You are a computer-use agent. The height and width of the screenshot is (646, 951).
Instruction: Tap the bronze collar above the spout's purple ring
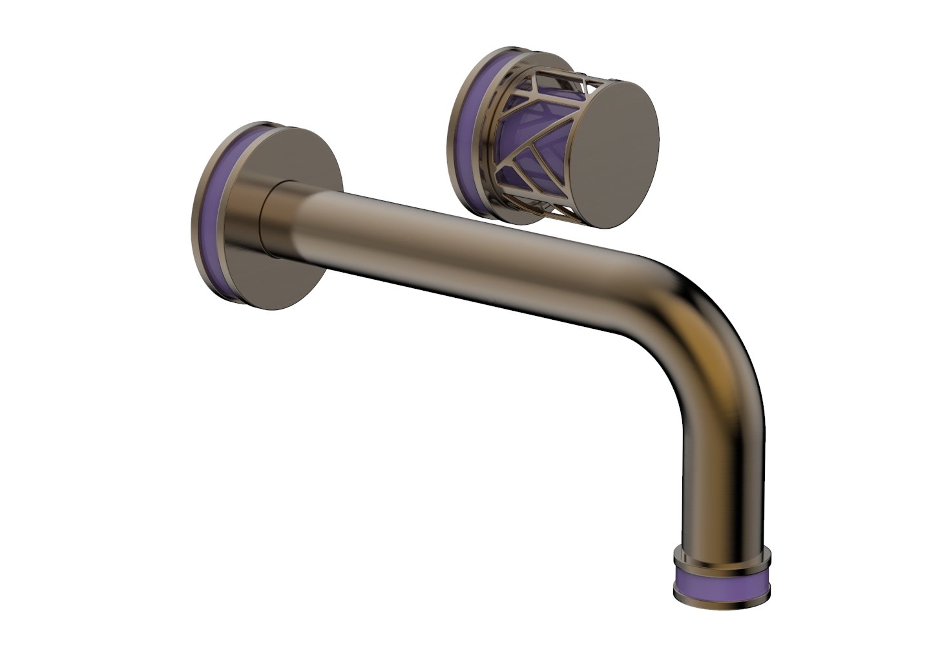coord(722,556)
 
